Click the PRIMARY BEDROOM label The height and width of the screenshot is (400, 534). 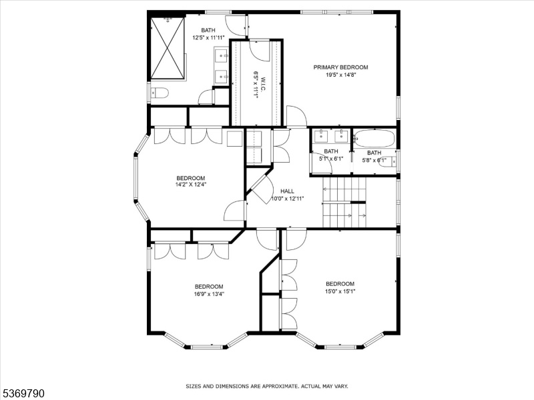[x=340, y=67]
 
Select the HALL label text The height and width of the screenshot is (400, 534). [x=287, y=191]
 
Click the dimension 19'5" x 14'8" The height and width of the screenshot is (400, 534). [x=341, y=75]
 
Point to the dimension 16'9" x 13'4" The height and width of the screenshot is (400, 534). [x=209, y=294]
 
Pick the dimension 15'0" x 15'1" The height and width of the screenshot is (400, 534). [x=340, y=291]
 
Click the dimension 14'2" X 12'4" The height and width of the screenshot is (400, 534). [x=191, y=185]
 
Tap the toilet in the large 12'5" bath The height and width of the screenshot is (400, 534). [x=160, y=93]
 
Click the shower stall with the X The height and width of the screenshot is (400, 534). [x=168, y=47]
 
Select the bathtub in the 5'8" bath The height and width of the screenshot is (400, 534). [x=374, y=139]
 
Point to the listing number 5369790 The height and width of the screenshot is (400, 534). [x=22, y=393]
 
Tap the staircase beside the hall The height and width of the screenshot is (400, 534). [x=344, y=202]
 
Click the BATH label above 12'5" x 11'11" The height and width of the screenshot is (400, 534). [x=208, y=30]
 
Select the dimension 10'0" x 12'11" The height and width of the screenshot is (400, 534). [x=287, y=199]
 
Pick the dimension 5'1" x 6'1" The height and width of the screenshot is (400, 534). [x=331, y=159]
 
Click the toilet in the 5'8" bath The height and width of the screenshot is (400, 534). [x=388, y=161]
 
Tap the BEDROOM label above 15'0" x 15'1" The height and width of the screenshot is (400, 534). [x=340, y=284]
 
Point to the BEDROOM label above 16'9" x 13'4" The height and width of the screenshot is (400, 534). [x=209, y=287]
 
